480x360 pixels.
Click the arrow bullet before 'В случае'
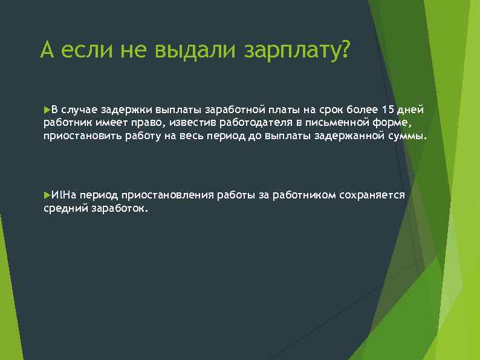[47, 110]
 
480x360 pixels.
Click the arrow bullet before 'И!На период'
[47, 195]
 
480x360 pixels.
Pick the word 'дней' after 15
[413, 110]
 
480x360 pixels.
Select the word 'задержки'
[131, 110]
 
